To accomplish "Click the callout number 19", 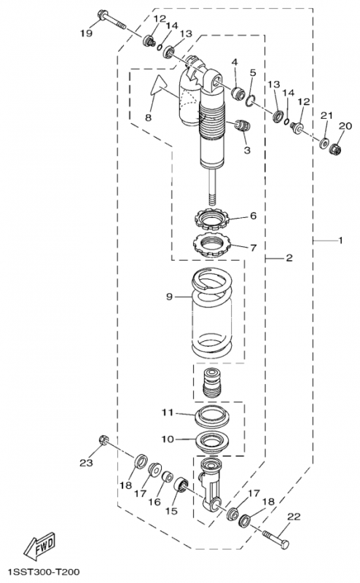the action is tap(86, 34).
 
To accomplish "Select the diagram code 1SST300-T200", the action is tap(44, 571).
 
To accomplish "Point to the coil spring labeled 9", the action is tap(211, 313).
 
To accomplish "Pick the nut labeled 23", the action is tap(103, 440).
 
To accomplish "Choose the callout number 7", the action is tap(253, 247).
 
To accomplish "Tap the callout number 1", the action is tap(340, 240).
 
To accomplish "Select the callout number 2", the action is tap(289, 258).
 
